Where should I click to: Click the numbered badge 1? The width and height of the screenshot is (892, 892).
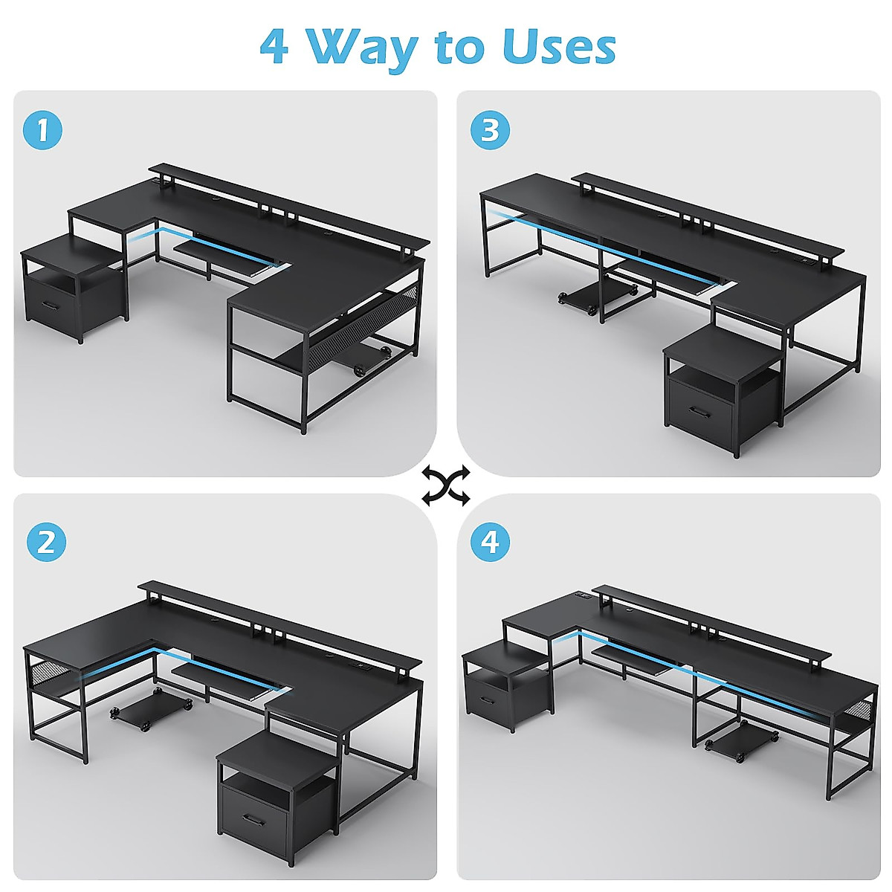pos(42,130)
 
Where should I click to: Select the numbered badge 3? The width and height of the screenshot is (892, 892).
pos(490,130)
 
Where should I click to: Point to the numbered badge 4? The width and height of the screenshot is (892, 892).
pos(490,541)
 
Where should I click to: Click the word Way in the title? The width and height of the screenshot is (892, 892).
pos(362,48)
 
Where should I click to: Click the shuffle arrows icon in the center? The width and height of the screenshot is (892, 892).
pos(446,485)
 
